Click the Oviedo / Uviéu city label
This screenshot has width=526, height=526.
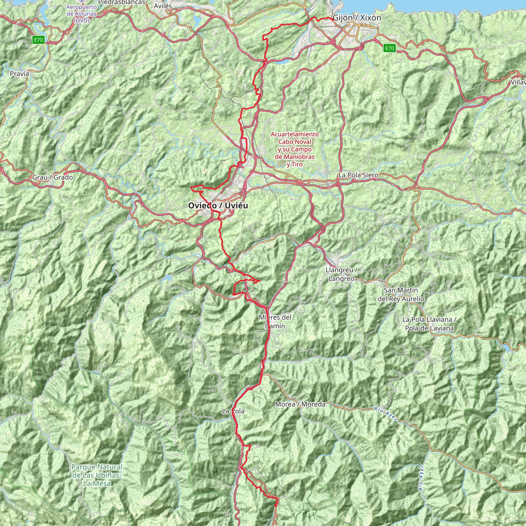tap(218, 205)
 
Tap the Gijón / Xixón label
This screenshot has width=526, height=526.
tap(357, 18)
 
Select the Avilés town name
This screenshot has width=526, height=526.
tap(163, 6)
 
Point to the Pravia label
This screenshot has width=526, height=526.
tap(19, 73)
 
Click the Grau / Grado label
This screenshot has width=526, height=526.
tap(53, 177)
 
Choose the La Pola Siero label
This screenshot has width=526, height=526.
tap(358, 175)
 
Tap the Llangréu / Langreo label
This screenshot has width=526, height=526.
tap(341, 274)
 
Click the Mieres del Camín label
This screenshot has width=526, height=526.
tap(275, 322)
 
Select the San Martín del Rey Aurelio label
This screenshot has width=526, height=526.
tap(401, 295)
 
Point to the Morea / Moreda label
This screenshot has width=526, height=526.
tap(300, 404)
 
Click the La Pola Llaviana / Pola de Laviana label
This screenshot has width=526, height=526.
tap(429, 324)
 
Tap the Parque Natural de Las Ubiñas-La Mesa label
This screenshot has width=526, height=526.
tap(97, 475)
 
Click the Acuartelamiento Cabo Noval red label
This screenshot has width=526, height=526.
tap(295, 149)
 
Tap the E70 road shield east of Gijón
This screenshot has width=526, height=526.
tap(389, 48)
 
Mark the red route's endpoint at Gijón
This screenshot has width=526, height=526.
tap(333, 19)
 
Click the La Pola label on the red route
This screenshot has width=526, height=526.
tap(233, 411)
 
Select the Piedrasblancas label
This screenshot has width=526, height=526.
tap(121, 2)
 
